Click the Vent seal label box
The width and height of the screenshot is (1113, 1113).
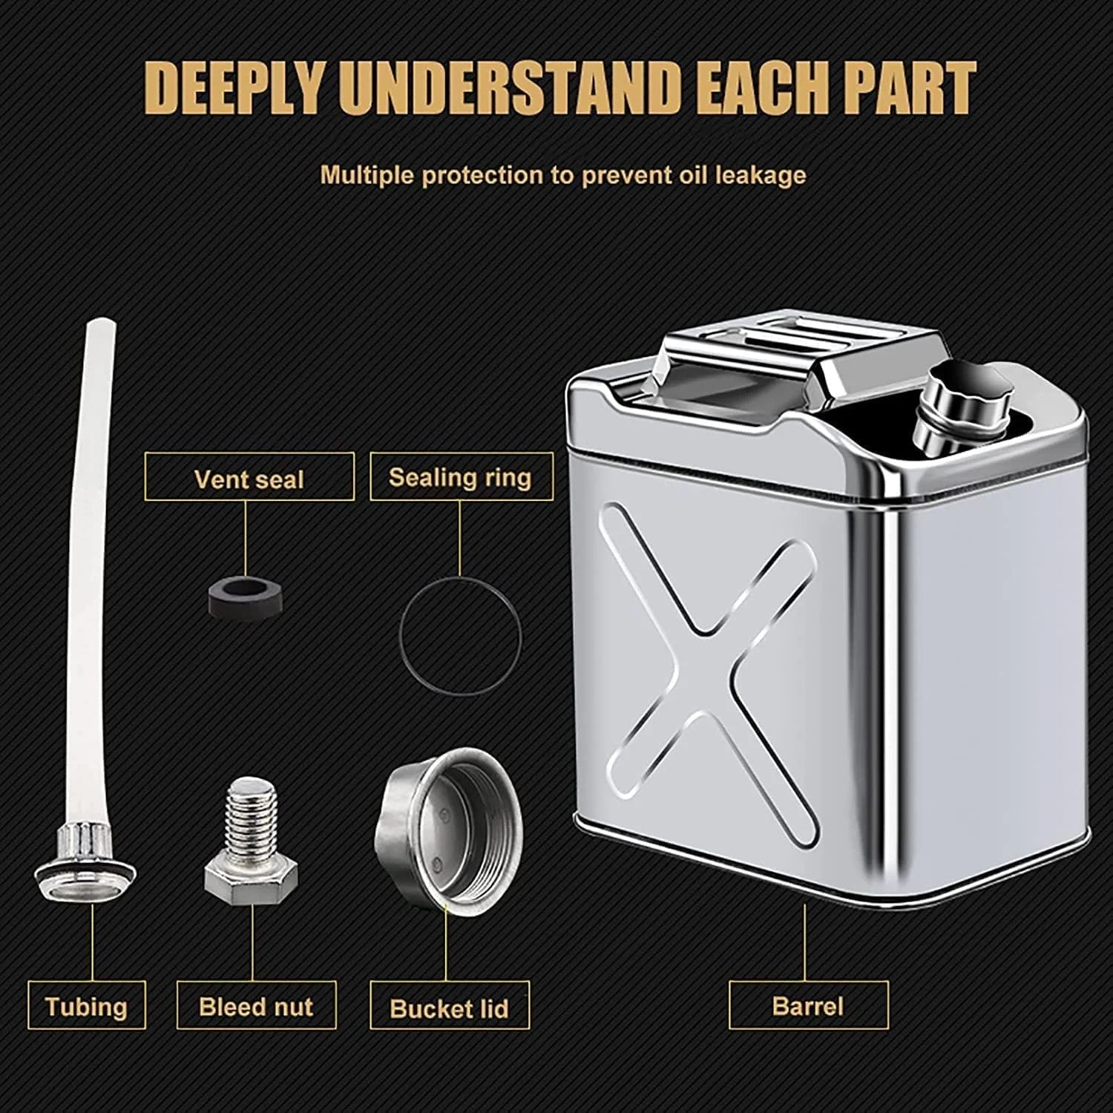pos(249,477)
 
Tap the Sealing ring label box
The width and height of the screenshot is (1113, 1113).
pos(461,476)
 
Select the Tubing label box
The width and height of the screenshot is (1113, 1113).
pos(87,1005)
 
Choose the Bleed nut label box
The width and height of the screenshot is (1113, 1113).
pos(256,1005)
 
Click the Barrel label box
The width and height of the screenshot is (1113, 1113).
pos(808,1005)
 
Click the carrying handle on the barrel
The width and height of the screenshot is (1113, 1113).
pos(805,356)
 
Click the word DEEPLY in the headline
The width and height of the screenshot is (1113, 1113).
pos(237,88)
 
